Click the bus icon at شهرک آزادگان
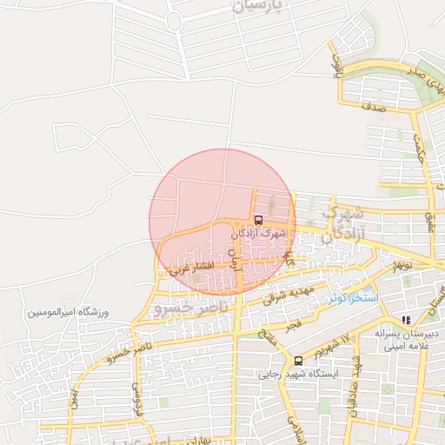(x=258, y=219)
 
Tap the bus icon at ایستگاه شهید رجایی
(x=299, y=361)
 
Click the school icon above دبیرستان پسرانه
(x=406, y=320)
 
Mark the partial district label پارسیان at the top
(x=259, y=8)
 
